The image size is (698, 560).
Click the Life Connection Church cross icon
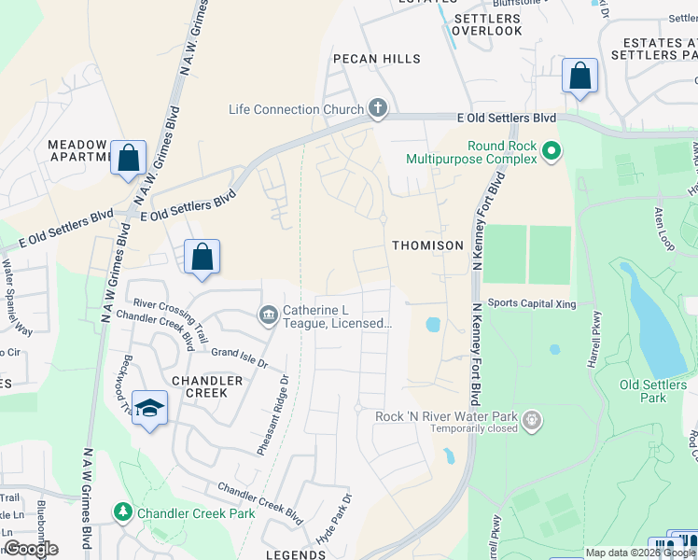coord(378,109)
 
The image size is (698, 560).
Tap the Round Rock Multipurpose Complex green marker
coord(551,149)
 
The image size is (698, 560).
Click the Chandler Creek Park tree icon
coord(122,512)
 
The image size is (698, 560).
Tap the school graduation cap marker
coord(149,409)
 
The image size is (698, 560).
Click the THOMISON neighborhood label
coord(427,245)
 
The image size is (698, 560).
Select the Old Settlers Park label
coord(644,391)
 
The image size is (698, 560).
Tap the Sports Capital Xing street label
coord(532,303)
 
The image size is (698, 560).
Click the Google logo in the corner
coord(30,549)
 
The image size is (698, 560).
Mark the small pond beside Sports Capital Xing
coord(433,326)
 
